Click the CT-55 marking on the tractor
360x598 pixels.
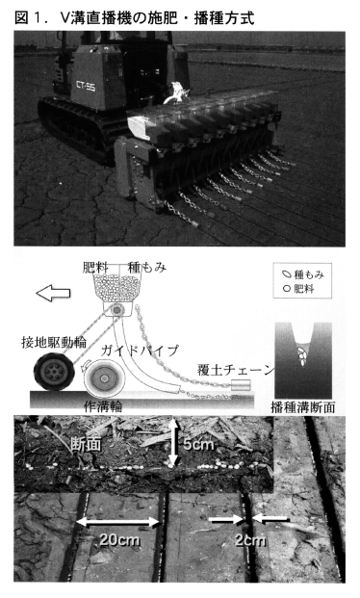pos(86,87)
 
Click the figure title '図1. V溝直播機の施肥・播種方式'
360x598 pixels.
pos(134,18)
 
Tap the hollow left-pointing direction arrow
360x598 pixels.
pos(53,293)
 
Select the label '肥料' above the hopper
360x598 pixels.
pos(95,268)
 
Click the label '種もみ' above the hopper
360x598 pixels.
pos(147,268)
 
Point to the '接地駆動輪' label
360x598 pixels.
pos(54,343)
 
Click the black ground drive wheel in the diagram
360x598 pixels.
pos(54,372)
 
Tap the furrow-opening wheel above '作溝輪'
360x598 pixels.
pos(105,379)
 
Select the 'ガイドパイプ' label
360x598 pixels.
pos(140,351)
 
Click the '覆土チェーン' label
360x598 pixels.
pos(236,370)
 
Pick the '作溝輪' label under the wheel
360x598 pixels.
pos(103,406)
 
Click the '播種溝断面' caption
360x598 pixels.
pos(303,407)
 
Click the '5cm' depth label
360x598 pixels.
pos(198,444)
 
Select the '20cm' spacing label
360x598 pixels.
pos(119,539)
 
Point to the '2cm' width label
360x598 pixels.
pos(250,540)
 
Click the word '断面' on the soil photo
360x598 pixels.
pos(86,445)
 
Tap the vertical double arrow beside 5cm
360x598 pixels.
pos(173,443)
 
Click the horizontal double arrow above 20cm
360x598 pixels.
pos(118,523)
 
